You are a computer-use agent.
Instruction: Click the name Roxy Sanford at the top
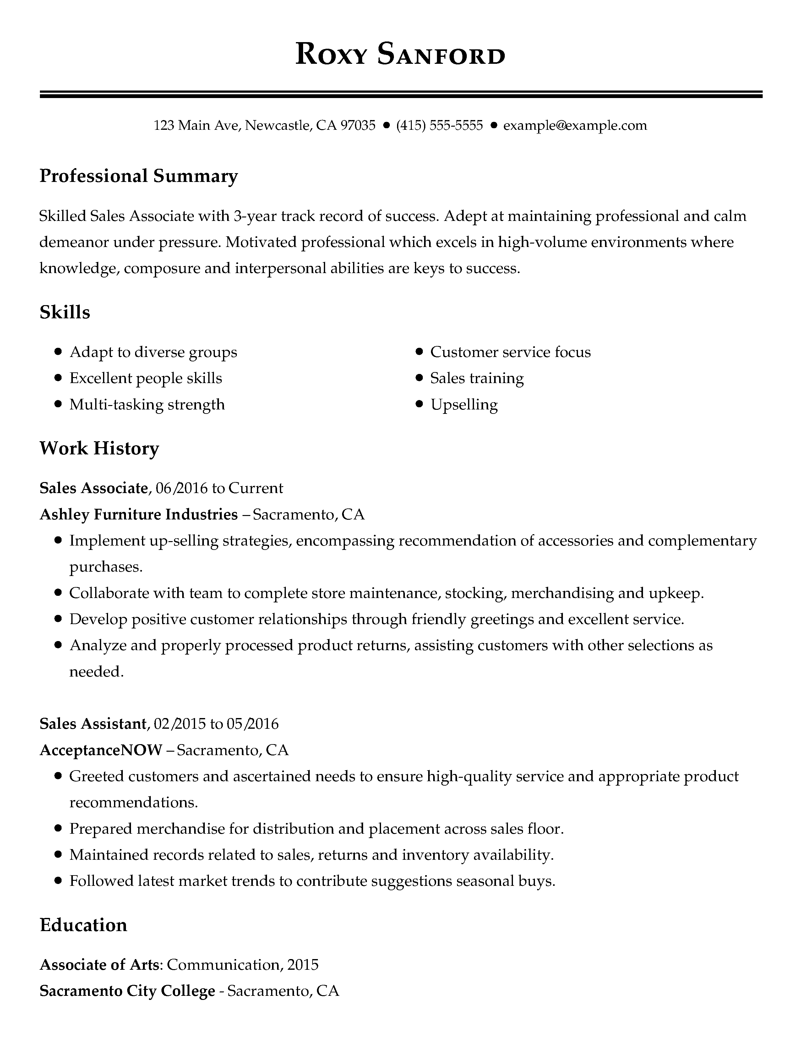(400, 54)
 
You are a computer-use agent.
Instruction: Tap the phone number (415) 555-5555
(439, 125)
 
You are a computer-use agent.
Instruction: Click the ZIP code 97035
(358, 125)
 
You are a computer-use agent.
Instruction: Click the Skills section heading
(65, 312)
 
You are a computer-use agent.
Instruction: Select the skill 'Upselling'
(464, 404)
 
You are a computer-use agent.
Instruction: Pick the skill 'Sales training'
(477, 378)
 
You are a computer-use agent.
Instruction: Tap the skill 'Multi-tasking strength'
(147, 404)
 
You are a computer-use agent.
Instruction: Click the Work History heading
(99, 448)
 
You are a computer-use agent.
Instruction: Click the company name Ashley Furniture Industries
(139, 514)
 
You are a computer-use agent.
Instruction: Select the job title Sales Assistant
(93, 724)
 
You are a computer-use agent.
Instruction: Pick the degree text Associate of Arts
(99, 964)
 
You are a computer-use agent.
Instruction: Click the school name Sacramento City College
(127, 991)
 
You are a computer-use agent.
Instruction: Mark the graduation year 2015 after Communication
(303, 964)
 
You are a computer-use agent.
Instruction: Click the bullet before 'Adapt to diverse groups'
(58, 352)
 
